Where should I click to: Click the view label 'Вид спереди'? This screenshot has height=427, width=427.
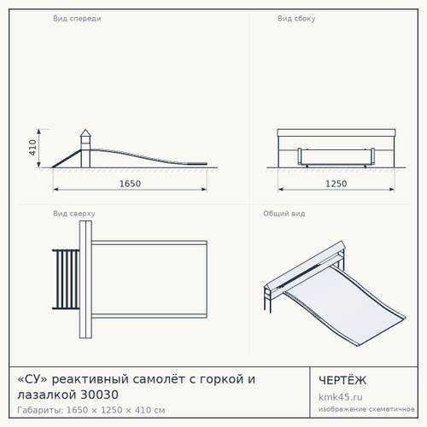77,19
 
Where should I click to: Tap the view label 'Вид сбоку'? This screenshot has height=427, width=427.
296,19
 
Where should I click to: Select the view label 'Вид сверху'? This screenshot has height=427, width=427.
74,213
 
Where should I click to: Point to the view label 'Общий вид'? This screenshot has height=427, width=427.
284,213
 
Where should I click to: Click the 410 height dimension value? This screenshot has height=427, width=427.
32,148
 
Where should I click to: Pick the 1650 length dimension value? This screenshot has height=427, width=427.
130,184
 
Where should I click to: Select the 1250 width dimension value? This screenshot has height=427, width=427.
336,184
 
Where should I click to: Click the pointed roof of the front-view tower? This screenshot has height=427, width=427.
85,132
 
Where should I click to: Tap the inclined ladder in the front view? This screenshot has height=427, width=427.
67,159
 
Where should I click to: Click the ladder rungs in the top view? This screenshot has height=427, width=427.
67,279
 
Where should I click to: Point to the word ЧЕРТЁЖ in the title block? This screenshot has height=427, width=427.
342,380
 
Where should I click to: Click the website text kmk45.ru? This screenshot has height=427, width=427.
341,397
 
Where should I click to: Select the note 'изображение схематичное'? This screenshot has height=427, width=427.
366,409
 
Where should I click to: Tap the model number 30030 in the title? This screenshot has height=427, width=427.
100,395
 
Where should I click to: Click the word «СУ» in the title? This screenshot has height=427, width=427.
32,379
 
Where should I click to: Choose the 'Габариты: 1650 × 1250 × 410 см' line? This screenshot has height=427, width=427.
91,410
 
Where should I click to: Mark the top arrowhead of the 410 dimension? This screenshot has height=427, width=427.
39,132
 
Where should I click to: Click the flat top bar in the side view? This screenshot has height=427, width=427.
336,132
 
